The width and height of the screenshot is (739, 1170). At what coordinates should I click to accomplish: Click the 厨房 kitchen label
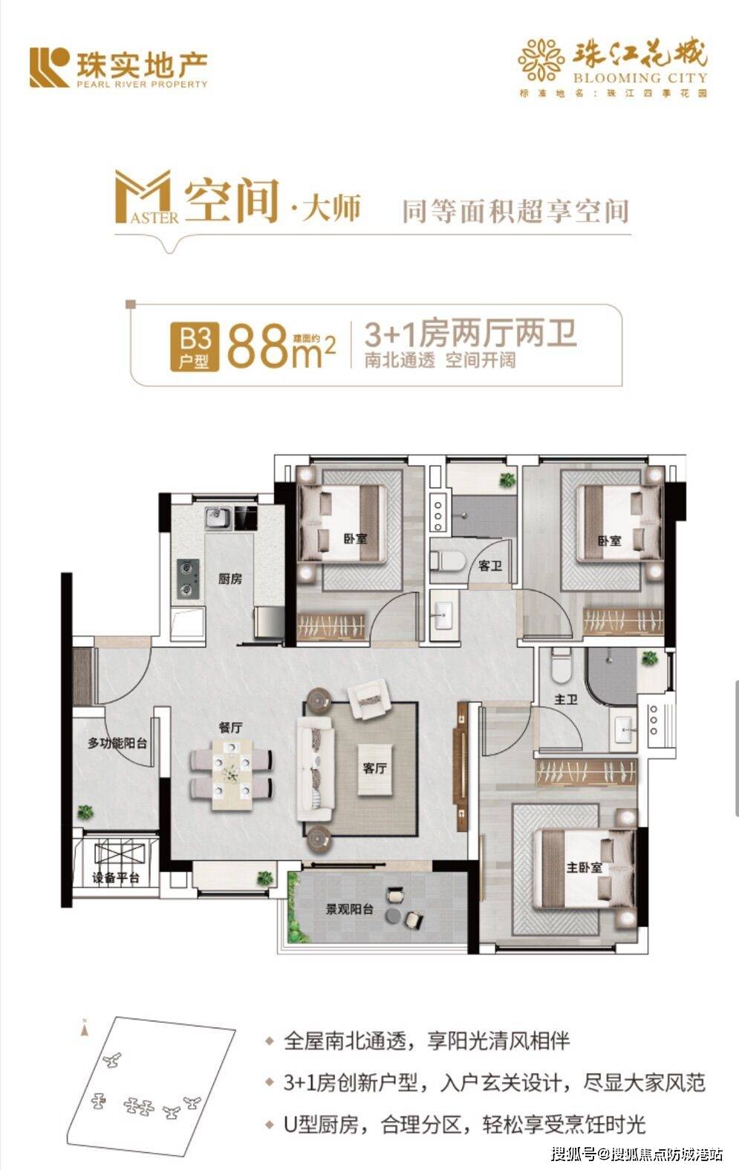pyautogui.click(x=230, y=579)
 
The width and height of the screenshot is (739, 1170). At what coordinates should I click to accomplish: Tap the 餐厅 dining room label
pyautogui.click(x=230, y=728)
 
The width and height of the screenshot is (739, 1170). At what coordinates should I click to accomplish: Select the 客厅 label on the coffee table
pyautogui.click(x=375, y=768)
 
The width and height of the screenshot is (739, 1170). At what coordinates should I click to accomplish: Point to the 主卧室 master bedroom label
pyautogui.click(x=584, y=868)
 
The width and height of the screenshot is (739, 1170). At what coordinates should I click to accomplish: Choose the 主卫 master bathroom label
pyautogui.click(x=566, y=699)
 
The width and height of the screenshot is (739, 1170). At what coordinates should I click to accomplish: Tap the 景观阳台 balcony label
pyautogui.click(x=349, y=909)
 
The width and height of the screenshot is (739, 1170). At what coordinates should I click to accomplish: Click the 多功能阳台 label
pyautogui.click(x=117, y=742)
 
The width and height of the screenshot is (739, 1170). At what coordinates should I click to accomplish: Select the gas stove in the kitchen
pyautogui.click(x=187, y=579)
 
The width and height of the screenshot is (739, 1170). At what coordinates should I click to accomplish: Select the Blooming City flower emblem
pyautogui.click(x=541, y=60)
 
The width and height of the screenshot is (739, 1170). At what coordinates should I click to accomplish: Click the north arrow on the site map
pyautogui.click(x=85, y=1029)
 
